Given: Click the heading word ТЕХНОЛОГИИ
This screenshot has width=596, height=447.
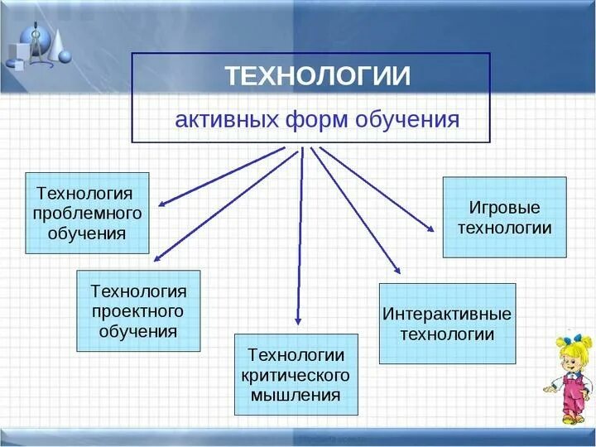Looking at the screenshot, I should click(318, 76).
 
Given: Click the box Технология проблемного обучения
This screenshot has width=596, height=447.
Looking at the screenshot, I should click(87, 213).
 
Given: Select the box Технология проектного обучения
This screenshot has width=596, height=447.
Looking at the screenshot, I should click(138, 310).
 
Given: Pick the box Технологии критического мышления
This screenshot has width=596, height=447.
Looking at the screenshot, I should click(296, 374).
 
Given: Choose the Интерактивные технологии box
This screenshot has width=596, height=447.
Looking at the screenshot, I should click(447, 324).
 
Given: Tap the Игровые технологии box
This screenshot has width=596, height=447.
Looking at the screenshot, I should click(504, 217).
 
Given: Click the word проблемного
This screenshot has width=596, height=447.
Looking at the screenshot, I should click(87, 214).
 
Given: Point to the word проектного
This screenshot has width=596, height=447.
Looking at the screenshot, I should click(137, 311).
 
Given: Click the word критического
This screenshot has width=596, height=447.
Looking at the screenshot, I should click(296, 375).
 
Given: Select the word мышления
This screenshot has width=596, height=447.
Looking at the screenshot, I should click(296, 395).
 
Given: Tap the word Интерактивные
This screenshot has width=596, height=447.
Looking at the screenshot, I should click(447, 315).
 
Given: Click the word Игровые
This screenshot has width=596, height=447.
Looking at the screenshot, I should click(504, 207).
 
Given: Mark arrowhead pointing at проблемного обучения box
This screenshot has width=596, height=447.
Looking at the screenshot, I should click(163, 202).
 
